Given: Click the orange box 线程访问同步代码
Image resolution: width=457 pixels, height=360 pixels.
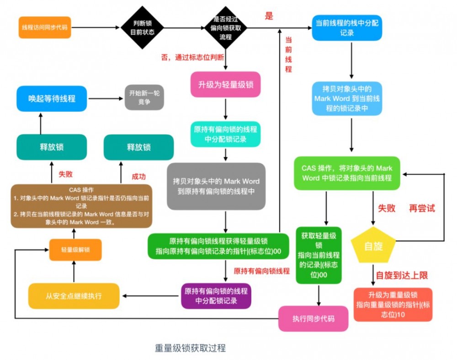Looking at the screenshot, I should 45,27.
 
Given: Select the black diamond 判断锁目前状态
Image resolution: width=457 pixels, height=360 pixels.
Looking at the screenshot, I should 142,28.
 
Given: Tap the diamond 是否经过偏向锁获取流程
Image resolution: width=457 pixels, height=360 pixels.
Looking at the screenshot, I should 225,28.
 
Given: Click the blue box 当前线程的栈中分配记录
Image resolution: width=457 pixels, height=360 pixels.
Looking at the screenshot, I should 347,27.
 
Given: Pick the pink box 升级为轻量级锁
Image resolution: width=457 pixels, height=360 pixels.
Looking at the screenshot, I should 225,85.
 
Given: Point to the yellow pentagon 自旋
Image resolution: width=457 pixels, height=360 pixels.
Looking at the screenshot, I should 373,246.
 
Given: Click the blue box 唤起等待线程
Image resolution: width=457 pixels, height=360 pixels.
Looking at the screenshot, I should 52,98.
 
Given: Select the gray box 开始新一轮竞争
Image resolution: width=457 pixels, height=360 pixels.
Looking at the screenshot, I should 144,97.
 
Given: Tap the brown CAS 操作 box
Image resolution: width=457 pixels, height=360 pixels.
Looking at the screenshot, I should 81,206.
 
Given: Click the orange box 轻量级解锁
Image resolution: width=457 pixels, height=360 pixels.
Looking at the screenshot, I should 75,250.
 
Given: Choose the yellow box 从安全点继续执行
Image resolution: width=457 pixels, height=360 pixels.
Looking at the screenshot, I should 74,296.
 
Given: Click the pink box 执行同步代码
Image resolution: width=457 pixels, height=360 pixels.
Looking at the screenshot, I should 313,318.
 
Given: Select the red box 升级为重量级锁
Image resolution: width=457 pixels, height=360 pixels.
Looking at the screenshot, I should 393,304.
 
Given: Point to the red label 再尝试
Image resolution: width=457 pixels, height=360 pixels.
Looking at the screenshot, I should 422,209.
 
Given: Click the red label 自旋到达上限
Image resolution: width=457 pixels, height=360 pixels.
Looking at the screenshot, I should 402,275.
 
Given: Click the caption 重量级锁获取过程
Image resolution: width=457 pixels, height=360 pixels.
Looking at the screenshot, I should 190,348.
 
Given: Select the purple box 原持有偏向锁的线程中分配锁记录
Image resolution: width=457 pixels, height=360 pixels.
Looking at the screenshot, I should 216,296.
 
